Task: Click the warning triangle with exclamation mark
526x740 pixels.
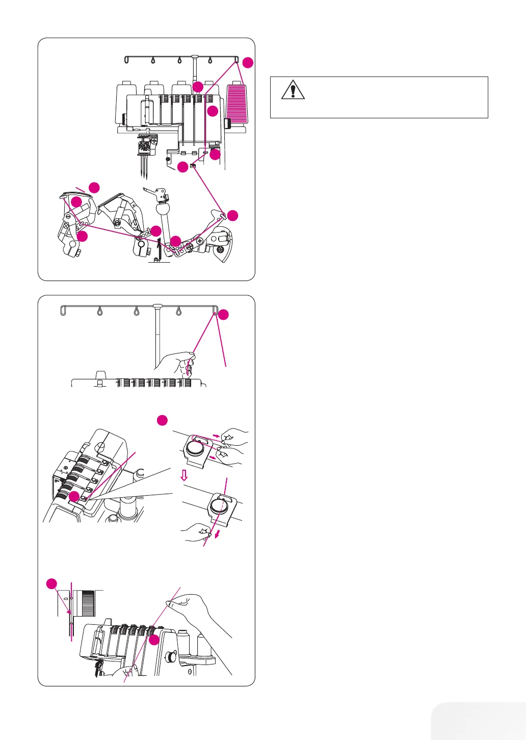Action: pyautogui.click(x=293, y=90)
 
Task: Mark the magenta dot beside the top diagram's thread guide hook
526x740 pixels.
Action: pyautogui.click(x=247, y=63)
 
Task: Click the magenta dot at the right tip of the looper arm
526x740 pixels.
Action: pyautogui.click(x=232, y=215)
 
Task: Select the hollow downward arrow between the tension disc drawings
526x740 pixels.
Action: pyautogui.click(x=185, y=475)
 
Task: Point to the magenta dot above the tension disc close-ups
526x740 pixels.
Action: pyautogui.click(x=162, y=420)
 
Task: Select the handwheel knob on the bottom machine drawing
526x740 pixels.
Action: pyautogui.click(x=171, y=657)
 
